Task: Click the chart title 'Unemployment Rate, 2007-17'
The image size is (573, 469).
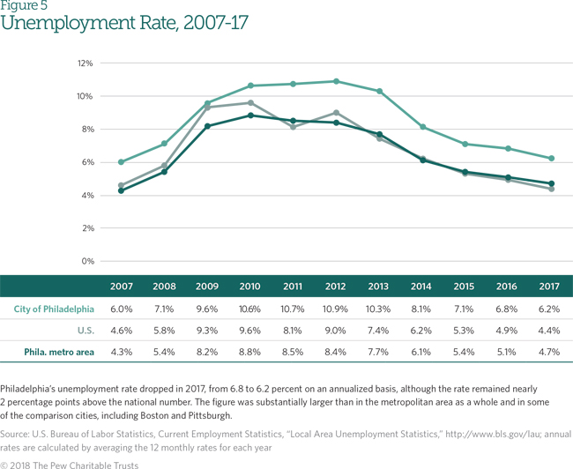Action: point(124,24)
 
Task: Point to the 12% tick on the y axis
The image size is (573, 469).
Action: point(85,63)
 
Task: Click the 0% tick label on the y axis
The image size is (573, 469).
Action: point(86,261)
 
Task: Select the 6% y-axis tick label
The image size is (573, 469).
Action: point(86,162)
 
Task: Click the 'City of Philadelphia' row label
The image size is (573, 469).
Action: point(55,309)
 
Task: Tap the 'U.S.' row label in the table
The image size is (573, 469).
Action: point(85,331)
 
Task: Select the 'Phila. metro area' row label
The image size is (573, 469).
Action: point(59,352)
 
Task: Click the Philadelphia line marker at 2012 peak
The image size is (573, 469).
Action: point(335,81)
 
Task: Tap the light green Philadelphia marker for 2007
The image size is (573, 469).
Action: point(121,162)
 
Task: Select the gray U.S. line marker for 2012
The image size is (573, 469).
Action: point(335,113)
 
